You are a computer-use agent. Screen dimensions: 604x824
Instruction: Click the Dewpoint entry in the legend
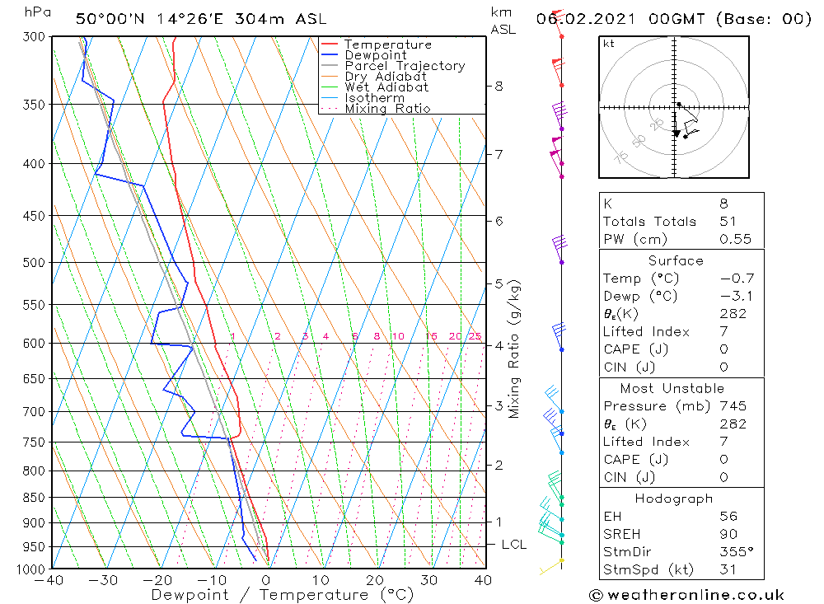[x=375, y=55]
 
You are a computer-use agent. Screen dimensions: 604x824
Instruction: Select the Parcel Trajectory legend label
[x=405, y=66]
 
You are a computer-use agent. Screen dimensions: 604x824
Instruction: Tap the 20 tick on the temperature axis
[x=375, y=580]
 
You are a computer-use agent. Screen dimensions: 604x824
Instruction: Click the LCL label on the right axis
[x=513, y=545]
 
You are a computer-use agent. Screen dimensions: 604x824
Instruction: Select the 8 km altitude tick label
[x=499, y=86]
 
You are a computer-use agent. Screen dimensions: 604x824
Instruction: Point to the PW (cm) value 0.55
[x=735, y=240]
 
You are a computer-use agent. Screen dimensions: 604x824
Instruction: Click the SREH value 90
[x=728, y=534]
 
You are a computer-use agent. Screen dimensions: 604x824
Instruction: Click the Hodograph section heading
[x=675, y=499]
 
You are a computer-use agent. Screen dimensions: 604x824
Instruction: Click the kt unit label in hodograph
[x=608, y=44]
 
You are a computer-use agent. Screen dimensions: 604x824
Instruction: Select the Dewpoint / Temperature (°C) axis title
[x=283, y=595]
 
